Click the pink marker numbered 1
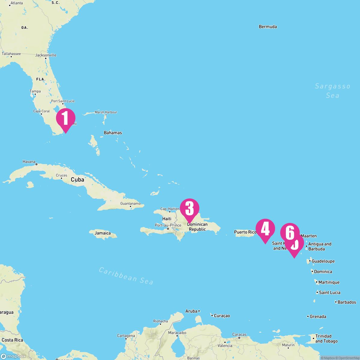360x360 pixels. [66, 118]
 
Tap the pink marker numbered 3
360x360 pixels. [189, 208]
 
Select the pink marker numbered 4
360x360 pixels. [265, 229]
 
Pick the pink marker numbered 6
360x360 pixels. [290, 232]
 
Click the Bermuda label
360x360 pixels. [268, 27]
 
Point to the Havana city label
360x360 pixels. [29, 162]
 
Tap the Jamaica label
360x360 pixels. [103, 233]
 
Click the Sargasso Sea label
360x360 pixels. [332, 91]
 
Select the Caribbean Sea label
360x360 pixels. [126, 275]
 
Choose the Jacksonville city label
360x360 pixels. [46, 55]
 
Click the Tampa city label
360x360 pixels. [35, 91]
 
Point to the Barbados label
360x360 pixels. [347, 302]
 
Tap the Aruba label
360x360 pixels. [191, 311]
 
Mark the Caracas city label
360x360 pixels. [239, 334]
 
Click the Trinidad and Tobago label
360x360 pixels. [326, 338]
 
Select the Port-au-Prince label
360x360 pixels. [168, 225]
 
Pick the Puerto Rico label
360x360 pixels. [245, 232]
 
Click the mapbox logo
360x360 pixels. [13, 356]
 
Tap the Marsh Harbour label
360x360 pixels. [106, 112]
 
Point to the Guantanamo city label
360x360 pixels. [130, 203]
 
